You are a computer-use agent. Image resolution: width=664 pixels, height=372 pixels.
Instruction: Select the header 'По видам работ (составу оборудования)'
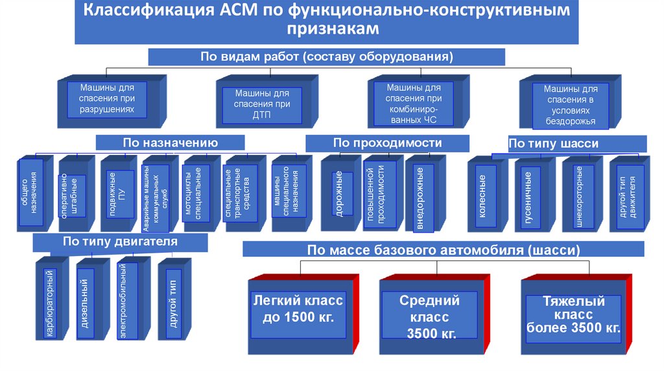click(x=326, y=57)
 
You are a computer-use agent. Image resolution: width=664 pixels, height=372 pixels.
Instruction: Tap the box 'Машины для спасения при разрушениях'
click(x=108, y=98)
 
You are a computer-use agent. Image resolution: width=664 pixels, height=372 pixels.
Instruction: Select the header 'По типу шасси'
click(x=553, y=143)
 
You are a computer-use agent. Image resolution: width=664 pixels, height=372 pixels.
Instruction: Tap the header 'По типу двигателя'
click(x=120, y=242)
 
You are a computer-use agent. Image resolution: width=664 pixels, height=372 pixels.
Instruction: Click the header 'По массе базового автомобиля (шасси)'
click(x=444, y=249)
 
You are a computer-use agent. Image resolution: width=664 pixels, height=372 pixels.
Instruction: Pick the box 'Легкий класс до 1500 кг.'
click(x=298, y=310)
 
